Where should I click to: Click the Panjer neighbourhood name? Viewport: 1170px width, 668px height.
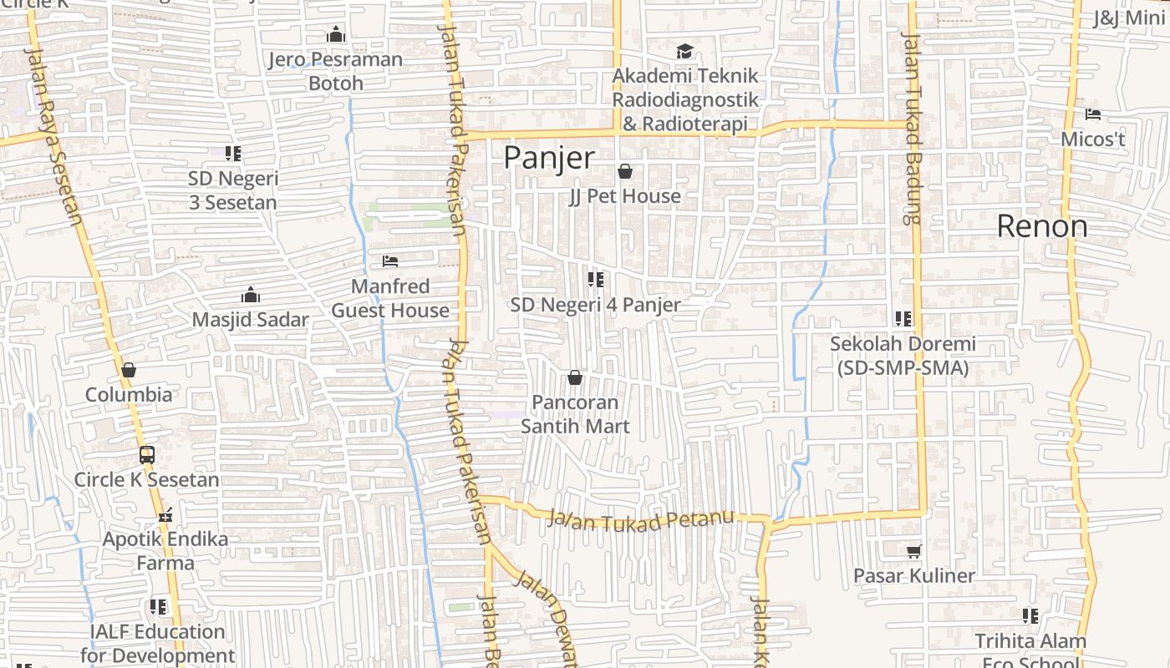pos(549,158)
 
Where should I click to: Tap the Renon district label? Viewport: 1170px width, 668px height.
pos(1042,226)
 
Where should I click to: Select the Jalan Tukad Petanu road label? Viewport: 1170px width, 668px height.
pos(641,519)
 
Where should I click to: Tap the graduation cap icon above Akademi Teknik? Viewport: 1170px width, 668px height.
pos(684,52)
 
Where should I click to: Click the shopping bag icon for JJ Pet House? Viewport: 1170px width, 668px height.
pos(624,172)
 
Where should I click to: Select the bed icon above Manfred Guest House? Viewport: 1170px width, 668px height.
pos(389,261)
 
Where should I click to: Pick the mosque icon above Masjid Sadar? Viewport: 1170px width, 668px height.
pos(250,295)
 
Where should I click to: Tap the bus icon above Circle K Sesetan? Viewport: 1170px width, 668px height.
pos(147,455)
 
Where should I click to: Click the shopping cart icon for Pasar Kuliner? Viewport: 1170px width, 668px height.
pos(913,551)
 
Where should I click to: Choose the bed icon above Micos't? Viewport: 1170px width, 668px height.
pos(1092,114)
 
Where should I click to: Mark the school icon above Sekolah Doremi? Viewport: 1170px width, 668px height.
pos(903,319)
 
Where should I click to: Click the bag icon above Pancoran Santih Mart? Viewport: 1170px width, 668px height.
pos(574,378)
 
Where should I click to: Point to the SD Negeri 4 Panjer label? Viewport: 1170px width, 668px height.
pos(595,305)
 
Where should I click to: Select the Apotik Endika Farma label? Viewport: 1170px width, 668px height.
pos(165,551)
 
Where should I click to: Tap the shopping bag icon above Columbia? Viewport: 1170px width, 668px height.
pos(128,370)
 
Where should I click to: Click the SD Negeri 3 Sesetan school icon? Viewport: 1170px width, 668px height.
pos(232,154)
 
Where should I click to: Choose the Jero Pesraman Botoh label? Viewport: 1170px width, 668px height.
pos(335,71)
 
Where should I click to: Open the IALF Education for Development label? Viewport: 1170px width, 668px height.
pos(158,644)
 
